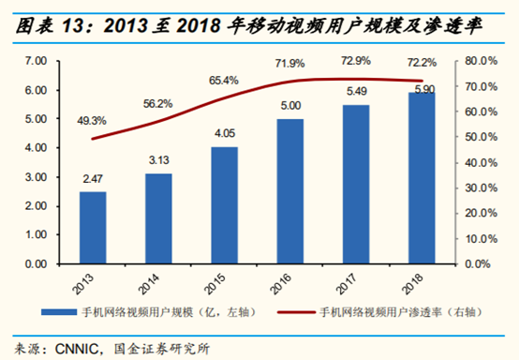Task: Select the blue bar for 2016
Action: pyautogui.click(x=289, y=191)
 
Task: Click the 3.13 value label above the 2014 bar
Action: pyautogui.click(x=158, y=162)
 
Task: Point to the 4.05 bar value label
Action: pyautogui.click(x=224, y=135)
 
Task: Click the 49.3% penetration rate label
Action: pyautogui.click(x=93, y=121)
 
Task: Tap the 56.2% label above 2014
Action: pyautogui.click(x=157, y=104)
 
